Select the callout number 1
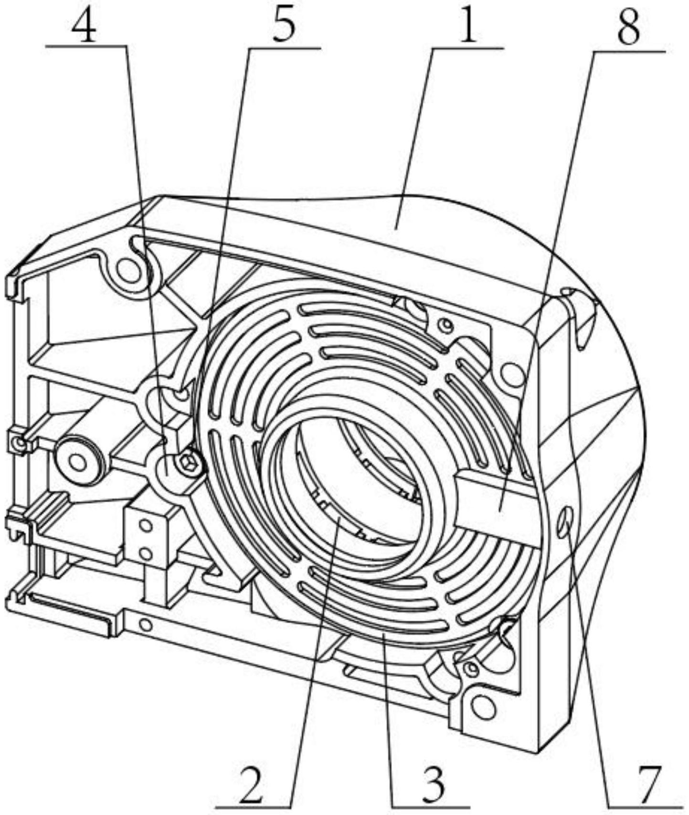467,27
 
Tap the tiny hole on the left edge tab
19,444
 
